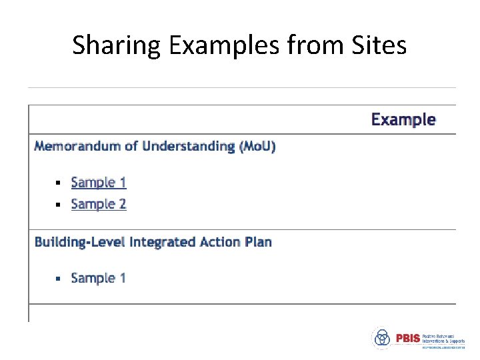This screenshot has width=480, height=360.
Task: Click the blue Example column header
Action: [x=403, y=120]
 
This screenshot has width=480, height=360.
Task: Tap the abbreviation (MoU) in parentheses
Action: [x=257, y=146]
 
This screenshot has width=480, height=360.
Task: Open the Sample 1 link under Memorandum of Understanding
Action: [x=99, y=183]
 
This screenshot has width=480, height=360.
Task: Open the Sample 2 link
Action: [x=99, y=204]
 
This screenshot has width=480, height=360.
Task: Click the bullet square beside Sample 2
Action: [x=58, y=205]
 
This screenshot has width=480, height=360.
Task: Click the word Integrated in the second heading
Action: [x=162, y=242]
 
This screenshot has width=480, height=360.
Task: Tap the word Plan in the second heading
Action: [x=259, y=242]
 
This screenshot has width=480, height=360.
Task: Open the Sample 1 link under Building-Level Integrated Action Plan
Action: [x=99, y=278]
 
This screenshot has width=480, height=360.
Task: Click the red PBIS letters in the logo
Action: [x=407, y=338]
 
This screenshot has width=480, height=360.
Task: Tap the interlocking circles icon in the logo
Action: [x=382, y=338]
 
